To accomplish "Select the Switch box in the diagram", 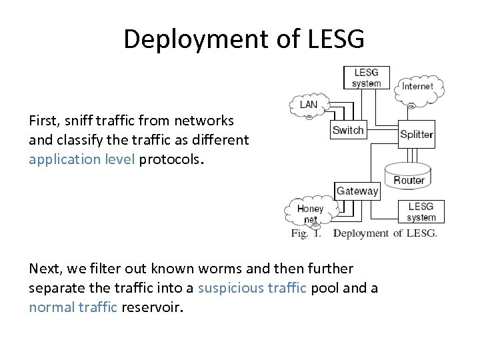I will tap(348, 130).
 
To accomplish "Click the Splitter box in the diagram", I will tap(417, 134).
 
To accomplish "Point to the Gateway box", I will tap(357, 191).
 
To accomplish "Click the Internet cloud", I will tap(418, 87).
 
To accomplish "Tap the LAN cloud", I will tap(309, 105).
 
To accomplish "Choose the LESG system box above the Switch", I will tap(367, 78).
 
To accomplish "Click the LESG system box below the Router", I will tap(421, 211).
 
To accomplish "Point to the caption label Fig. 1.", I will tap(306, 233).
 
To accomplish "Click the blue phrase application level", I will tap(83, 160).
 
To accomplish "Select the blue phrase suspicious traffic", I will tap(253, 289).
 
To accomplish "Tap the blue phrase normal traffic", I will tap(73, 307).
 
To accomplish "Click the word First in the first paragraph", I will tap(43, 121).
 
